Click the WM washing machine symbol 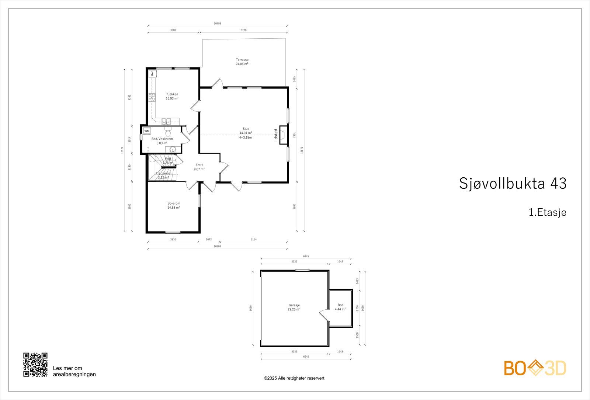(x=147, y=131)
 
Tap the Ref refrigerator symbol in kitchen (x=152, y=73)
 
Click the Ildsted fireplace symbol (x=283, y=135)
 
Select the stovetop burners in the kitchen (x=152, y=97)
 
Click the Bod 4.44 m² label (x=340, y=307)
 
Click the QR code (x=35, y=365)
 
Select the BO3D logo (x=535, y=368)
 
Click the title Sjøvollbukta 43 (x=513, y=183)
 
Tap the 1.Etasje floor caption (x=547, y=212)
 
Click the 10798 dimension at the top (x=217, y=23)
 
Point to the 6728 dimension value (x=243, y=30)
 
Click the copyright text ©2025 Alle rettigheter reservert (x=294, y=378)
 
